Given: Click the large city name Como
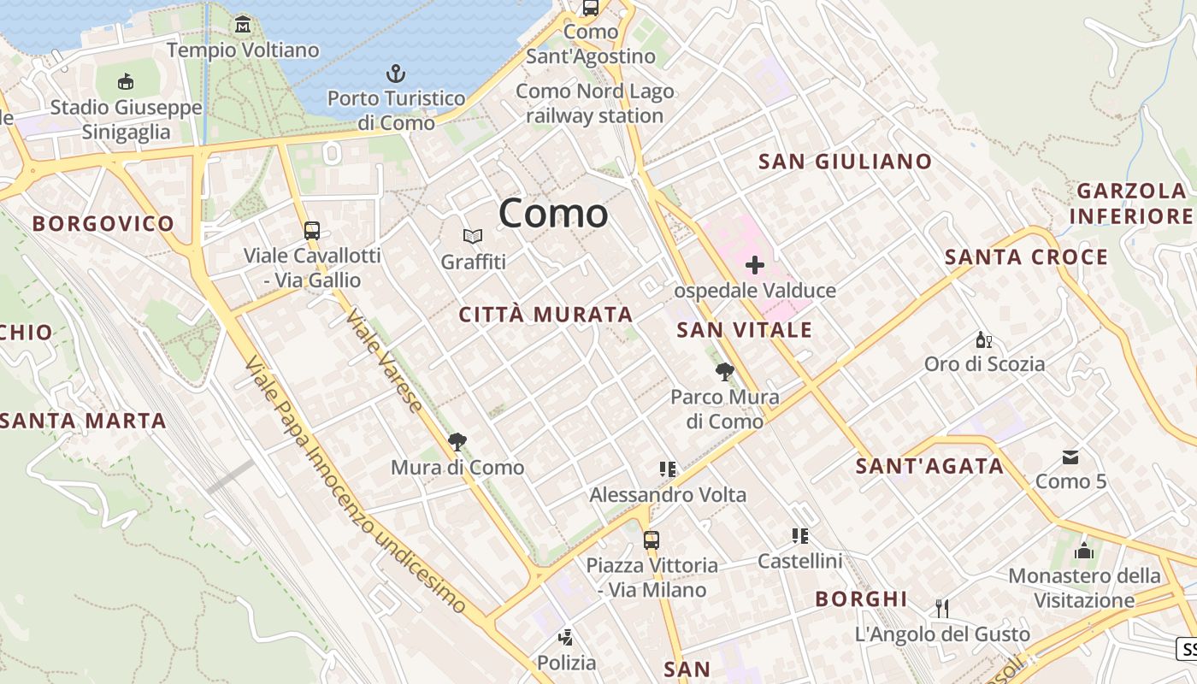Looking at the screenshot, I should [x=553, y=213].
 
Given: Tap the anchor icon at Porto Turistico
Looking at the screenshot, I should [x=396, y=74].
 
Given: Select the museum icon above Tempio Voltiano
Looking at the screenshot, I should [x=244, y=25].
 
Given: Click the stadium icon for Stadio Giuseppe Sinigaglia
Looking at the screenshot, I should [x=126, y=81].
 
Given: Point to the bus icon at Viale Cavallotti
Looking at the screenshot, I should [x=312, y=230].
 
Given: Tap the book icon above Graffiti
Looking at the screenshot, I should [x=473, y=236].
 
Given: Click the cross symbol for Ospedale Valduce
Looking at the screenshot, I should [x=754, y=265].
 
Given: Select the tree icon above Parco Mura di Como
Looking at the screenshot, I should [x=724, y=371].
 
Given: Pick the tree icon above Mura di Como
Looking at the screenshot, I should [x=457, y=442].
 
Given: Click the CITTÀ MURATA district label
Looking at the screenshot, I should [x=546, y=315].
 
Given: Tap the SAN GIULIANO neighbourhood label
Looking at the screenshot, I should [x=845, y=161].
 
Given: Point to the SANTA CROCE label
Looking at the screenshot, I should [x=1026, y=256].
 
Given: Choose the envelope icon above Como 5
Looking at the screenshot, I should [x=1070, y=457].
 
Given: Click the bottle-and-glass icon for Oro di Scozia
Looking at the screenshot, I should [x=984, y=339].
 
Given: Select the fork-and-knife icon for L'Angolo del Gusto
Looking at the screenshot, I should [x=942, y=608].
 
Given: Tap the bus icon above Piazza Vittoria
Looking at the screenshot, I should [x=652, y=540].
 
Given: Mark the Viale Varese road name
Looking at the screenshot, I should [x=384, y=361].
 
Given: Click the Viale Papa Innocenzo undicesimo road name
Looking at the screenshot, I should [x=355, y=486].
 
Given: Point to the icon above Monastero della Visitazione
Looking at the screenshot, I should [x=1084, y=551].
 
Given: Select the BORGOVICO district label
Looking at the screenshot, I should [x=103, y=224].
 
